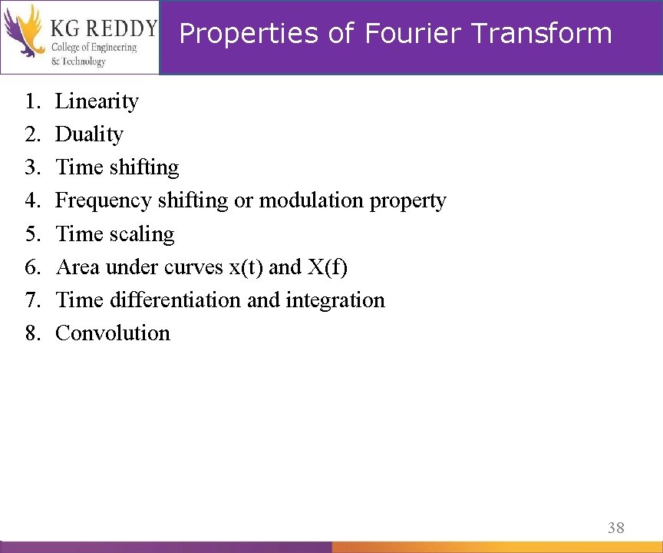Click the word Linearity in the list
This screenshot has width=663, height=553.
tap(97, 101)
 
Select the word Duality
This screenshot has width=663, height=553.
tap(89, 134)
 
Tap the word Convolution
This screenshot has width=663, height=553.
tap(113, 333)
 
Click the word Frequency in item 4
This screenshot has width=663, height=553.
tap(104, 201)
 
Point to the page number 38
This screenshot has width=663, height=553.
tap(615, 528)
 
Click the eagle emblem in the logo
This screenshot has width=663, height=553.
tap(23, 31)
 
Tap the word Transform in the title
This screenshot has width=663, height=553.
tap(542, 34)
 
